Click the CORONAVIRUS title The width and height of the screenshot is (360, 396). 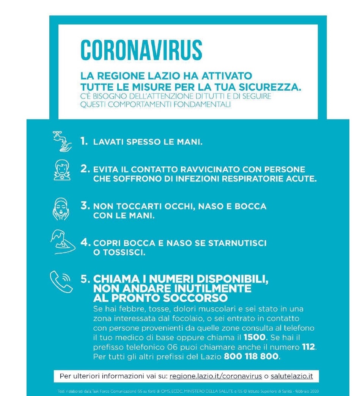pos(141,49)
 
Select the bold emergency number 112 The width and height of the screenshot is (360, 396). pos(308,347)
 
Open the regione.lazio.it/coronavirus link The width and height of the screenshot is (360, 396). pos(216,376)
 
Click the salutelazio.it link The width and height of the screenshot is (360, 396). pos(292,376)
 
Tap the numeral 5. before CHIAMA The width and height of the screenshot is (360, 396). pos(85,279)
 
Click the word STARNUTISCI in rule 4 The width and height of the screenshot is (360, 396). pos(239,243)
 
